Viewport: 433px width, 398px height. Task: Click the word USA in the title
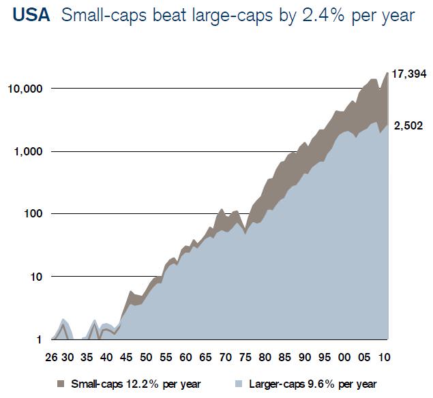click(31, 16)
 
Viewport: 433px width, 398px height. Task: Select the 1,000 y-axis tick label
click(28, 151)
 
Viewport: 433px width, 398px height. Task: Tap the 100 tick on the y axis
click(33, 214)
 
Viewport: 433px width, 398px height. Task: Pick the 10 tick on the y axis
click(35, 277)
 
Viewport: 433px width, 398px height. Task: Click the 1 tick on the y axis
click(40, 339)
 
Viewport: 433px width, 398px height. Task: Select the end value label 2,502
click(408, 125)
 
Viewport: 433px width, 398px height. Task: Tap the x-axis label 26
click(52, 357)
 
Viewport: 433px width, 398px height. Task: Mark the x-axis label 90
click(304, 357)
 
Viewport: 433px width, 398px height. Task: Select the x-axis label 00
click(344, 357)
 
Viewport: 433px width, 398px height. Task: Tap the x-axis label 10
click(385, 357)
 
